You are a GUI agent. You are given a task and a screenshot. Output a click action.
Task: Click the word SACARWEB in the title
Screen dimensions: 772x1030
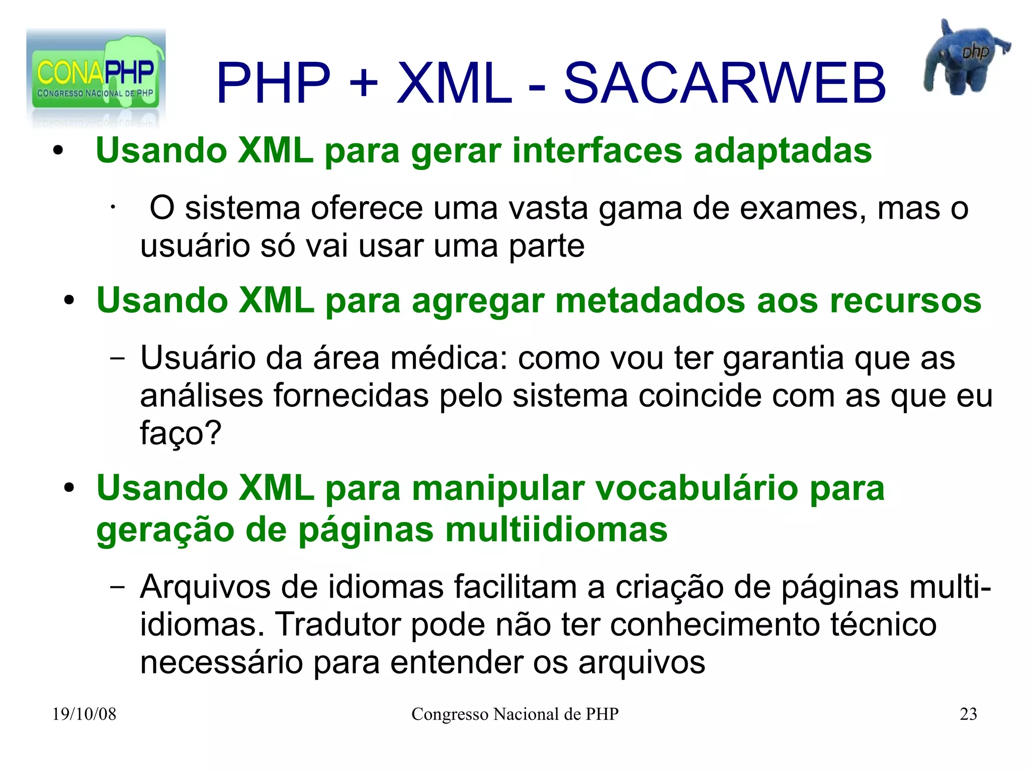(x=724, y=83)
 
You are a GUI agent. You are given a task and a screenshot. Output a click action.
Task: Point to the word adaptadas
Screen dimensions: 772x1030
(x=783, y=150)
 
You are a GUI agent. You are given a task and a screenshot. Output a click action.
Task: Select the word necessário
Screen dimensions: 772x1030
(x=221, y=662)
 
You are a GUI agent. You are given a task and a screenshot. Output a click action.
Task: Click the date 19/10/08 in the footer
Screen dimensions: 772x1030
(x=84, y=714)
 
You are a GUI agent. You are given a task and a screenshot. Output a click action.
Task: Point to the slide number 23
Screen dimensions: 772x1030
(x=968, y=714)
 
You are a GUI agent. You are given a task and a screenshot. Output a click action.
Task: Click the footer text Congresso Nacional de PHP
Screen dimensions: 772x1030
(x=514, y=714)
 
